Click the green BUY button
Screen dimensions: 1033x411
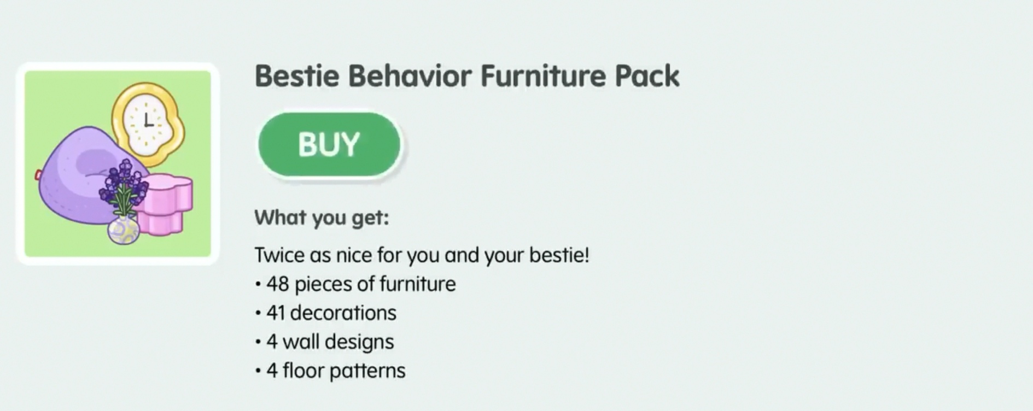coord(329,144)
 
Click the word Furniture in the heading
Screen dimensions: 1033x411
coord(543,75)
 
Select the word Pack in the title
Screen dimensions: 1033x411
coord(647,75)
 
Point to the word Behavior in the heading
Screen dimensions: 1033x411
coord(410,75)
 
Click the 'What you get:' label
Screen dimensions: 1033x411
coord(322,218)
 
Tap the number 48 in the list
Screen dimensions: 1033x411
coord(278,284)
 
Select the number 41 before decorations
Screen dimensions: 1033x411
coord(276,313)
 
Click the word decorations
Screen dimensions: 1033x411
coord(343,313)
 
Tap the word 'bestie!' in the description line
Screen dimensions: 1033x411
coord(559,255)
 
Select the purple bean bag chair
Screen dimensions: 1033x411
coord(77,175)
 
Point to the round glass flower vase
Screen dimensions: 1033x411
coord(123,230)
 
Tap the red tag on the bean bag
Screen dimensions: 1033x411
coord(38,175)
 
